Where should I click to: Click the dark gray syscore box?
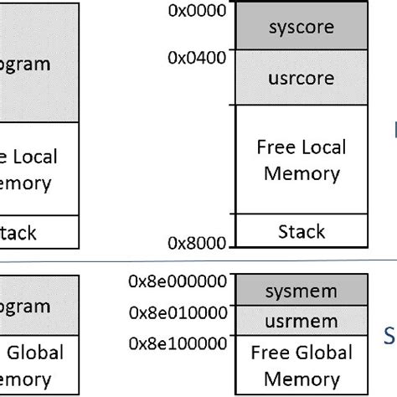(302, 28)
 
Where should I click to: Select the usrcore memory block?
(302, 78)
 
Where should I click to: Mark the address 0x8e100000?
(178, 343)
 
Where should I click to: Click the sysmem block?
(301, 291)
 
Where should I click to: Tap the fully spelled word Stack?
(301, 230)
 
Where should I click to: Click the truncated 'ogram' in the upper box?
(25, 64)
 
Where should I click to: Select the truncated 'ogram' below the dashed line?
(25, 306)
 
